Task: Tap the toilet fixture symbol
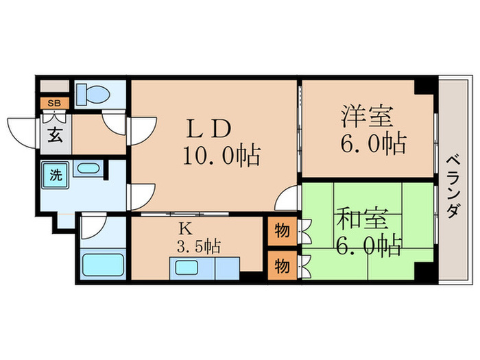pyautogui.click(x=89, y=93)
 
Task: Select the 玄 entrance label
pyautogui.click(x=53, y=134)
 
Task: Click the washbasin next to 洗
pyautogui.click(x=86, y=169)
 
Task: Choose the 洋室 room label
pyautogui.click(x=368, y=115)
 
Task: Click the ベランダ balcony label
pyautogui.click(x=453, y=187)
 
